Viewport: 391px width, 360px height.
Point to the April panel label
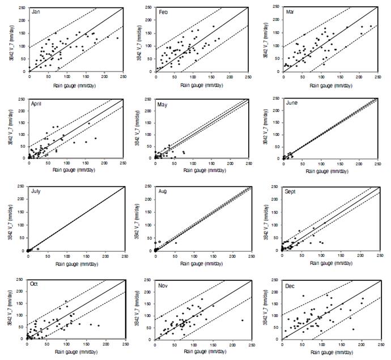tap(38, 103)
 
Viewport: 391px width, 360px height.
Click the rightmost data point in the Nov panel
tap(242, 320)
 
